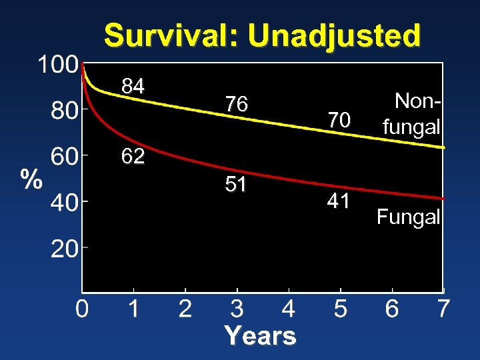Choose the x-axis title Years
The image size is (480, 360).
[x=260, y=335]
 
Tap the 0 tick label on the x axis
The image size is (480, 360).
[x=81, y=309]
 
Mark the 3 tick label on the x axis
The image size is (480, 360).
[x=237, y=309]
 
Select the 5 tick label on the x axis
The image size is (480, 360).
[x=340, y=309]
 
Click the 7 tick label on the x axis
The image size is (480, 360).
[x=443, y=309]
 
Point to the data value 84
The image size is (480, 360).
[x=133, y=86]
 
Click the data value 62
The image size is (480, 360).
[x=133, y=157]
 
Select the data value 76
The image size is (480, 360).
[x=236, y=105]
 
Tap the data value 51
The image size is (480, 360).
[x=236, y=184]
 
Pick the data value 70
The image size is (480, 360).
[x=339, y=120]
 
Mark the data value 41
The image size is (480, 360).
[x=339, y=201]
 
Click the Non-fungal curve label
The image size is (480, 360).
[x=411, y=113]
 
